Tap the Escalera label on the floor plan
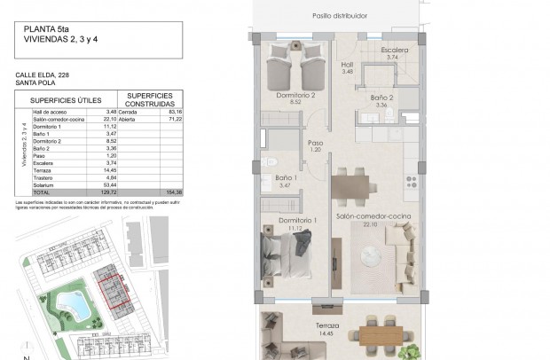(x=395, y=51)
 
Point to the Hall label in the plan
(x=348, y=65)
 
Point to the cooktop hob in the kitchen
(x=412, y=182)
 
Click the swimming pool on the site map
(x=71, y=307)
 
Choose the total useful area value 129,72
(x=108, y=192)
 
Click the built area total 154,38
(x=172, y=192)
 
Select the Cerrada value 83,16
(x=174, y=112)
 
